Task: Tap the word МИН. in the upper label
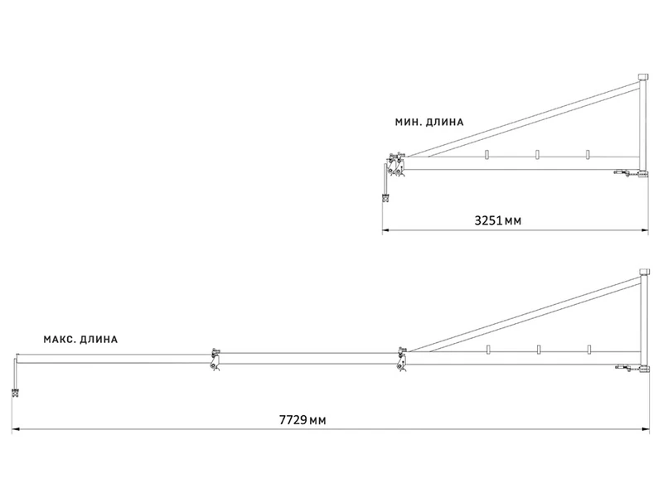coord(409,122)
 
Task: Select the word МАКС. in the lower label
coord(61,339)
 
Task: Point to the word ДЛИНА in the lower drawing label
coord(100,339)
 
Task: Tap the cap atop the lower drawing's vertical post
coord(642,271)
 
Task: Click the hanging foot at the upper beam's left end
coord(385,197)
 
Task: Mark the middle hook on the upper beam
coord(538,155)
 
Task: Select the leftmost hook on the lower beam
coord(489,350)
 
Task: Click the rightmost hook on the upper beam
coord(587,155)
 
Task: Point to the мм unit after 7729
coord(317,421)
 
